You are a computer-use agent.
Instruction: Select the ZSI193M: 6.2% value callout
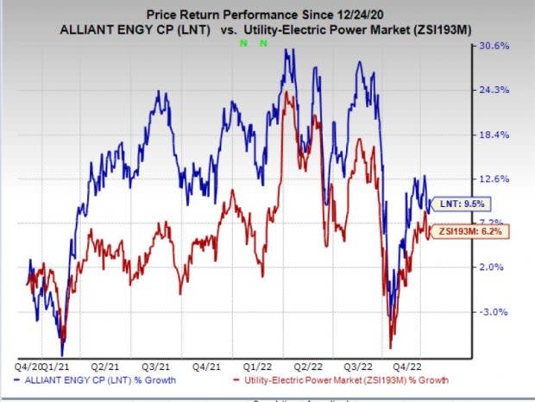coord(462,231)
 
